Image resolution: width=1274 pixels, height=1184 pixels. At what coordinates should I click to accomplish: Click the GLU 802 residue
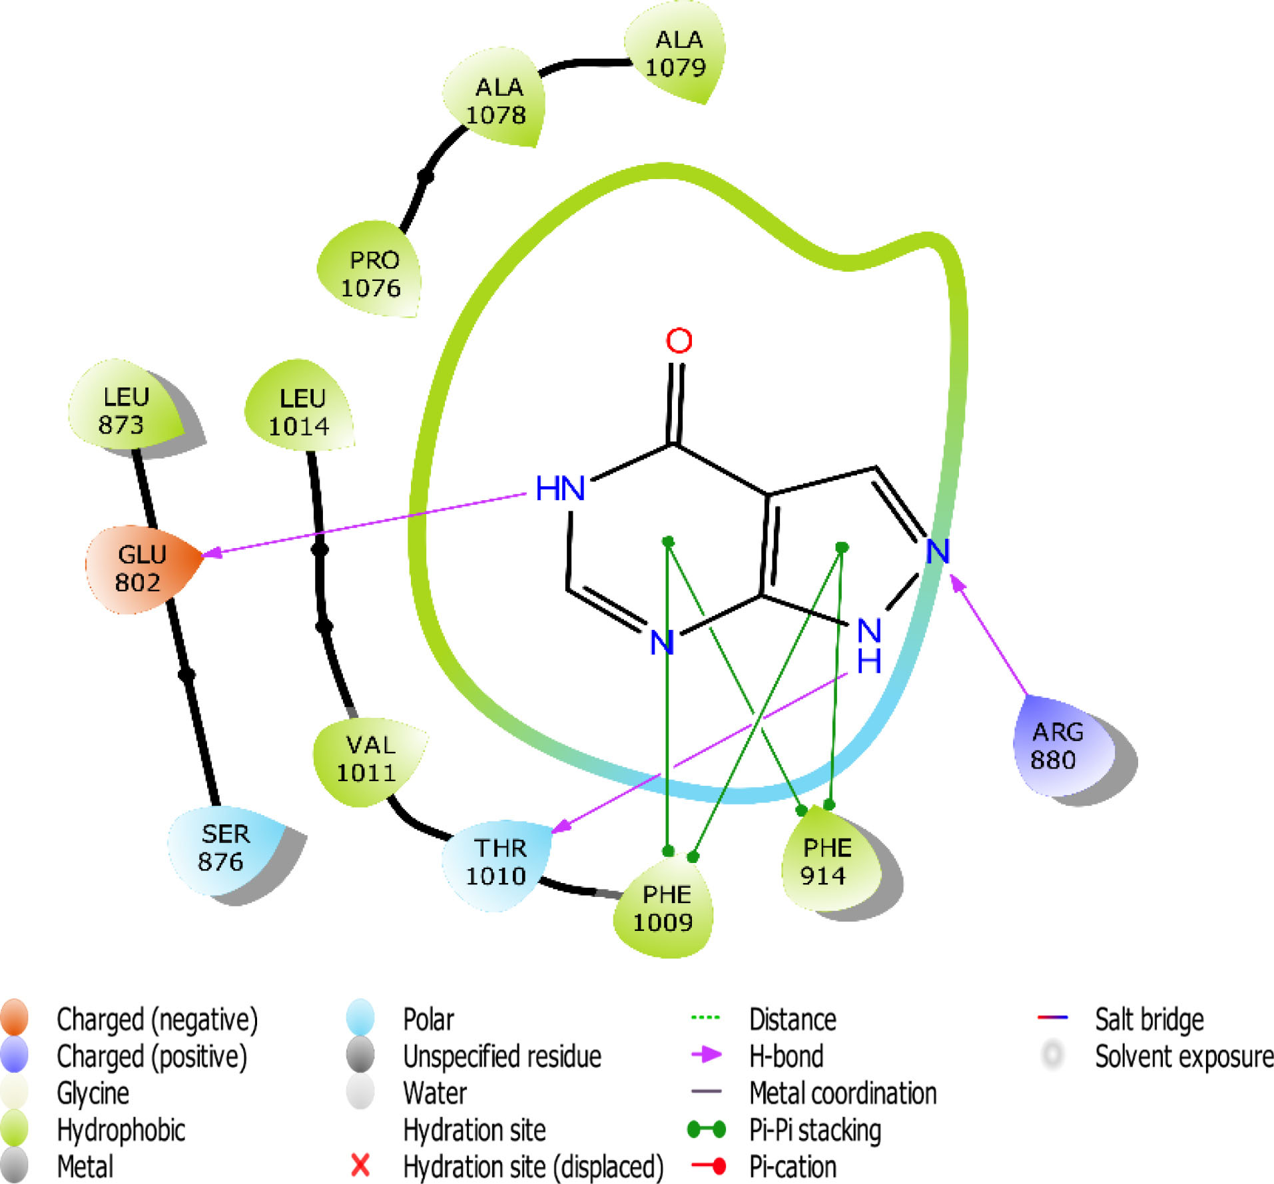[x=140, y=568]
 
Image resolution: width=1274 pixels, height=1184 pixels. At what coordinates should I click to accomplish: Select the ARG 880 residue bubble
[x=1056, y=745]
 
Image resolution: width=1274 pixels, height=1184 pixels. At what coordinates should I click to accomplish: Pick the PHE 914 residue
[x=826, y=861]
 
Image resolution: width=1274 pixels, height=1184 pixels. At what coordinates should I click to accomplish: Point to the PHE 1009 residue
[x=663, y=908]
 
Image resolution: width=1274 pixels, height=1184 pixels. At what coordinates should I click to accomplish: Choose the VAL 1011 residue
[x=368, y=758]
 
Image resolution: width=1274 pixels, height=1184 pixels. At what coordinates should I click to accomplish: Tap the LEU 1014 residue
[x=300, y=412]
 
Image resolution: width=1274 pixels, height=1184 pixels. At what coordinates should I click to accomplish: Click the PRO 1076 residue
[x=372, y=273]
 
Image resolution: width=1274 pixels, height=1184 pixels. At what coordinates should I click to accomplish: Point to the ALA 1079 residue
[x=676, y=53]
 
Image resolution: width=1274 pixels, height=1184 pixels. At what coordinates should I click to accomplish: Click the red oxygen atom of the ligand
[x=679, y=340]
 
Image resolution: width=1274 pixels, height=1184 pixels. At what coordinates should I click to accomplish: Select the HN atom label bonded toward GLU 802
[x=560, y=489]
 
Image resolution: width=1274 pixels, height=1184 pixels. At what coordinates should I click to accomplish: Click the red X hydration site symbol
[x=360, y=1165]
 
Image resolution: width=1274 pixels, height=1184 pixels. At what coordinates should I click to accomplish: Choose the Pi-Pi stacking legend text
[x=814, y=1129]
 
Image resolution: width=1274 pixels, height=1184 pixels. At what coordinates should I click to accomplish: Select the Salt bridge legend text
[x=1149, y=1019]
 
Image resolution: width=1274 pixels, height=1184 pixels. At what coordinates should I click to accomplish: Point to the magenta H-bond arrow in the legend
[x=707, y=1054]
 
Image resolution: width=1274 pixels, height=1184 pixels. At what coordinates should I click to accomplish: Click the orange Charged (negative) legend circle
[x=15, y=1018]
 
